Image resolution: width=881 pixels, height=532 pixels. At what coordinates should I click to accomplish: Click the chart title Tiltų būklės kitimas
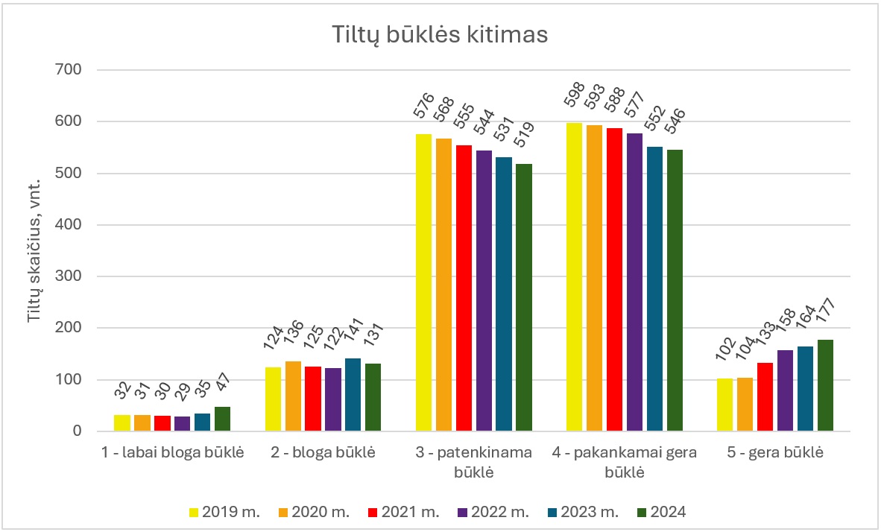[x=440, y=35]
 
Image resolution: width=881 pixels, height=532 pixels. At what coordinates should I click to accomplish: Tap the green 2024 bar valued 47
[x=222, y=419]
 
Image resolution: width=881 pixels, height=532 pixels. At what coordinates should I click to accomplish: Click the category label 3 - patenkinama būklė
[x=474, y=462]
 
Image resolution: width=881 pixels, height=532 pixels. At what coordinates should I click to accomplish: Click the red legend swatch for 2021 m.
[x=373, y=512]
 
